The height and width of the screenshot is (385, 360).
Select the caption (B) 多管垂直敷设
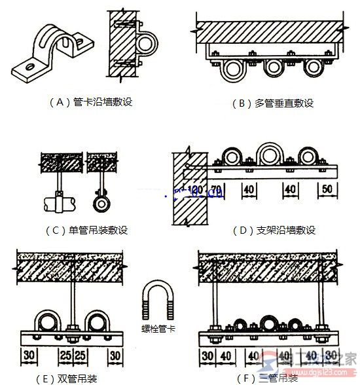[273, 103]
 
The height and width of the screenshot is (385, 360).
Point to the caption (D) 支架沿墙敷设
[274, 230]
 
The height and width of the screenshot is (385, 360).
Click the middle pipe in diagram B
[273, 68]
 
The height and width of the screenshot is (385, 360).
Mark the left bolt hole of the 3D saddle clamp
[29, 66]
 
